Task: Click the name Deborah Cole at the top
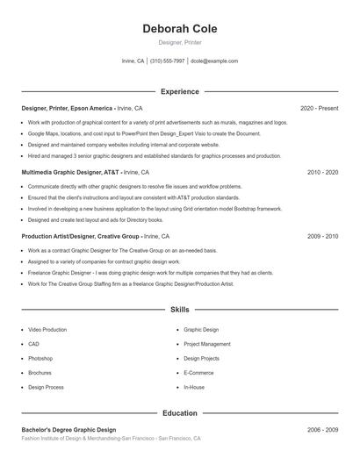coord(179,29)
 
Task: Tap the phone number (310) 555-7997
coord(167,61)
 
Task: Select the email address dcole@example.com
coord(214,61)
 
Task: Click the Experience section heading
coord(179,91)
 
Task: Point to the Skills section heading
coord(179,310)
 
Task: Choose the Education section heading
coord(179,412)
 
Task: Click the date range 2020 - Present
coord(319,108)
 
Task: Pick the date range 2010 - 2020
coord(322,172)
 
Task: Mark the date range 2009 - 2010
coord(322,236)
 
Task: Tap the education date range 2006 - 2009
coord(322,430)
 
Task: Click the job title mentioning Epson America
coord(68,108)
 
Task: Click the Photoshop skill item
coord(40,358)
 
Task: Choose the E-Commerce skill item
coord(198,372)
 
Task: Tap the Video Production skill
coord(47,330)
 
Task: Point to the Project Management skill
coord(207,344)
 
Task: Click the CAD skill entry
coord(33,344)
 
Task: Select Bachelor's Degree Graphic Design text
coord(68,430)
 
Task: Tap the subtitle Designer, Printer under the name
coord(179,42)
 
